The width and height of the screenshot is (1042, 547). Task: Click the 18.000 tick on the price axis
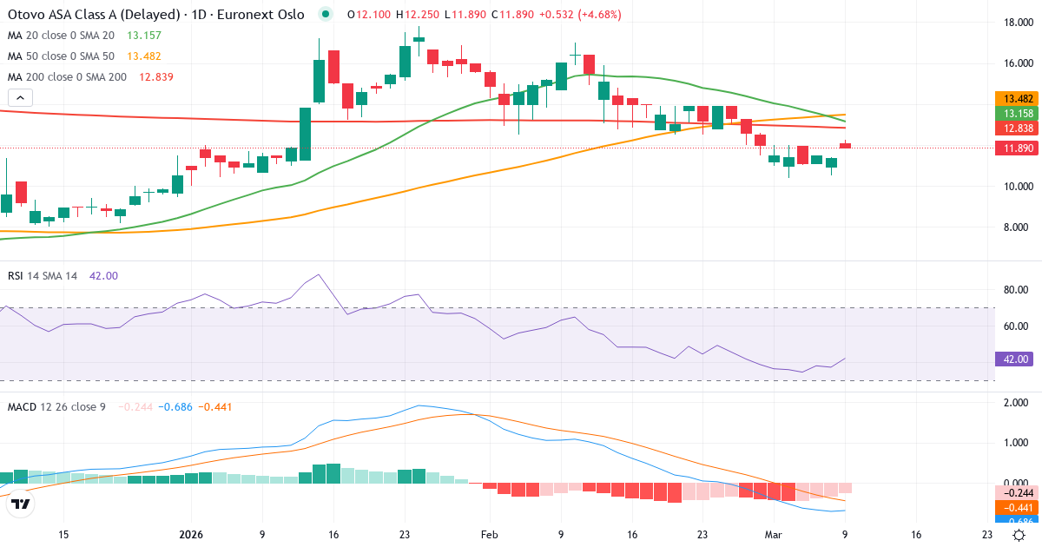[1012, 23]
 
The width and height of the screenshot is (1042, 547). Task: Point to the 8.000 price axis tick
[1012, 227]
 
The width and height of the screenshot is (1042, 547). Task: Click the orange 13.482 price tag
[1013, 99]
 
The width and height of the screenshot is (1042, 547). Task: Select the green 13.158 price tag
[1013, 114]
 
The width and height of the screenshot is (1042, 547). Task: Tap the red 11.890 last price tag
[1013, 148]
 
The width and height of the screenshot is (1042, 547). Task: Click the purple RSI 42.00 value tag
[1012, 359]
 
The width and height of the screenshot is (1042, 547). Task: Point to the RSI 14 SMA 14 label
[43, 276]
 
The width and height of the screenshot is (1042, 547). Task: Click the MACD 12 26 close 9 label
[56, 406]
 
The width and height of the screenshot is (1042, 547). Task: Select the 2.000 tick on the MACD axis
[1012, 403]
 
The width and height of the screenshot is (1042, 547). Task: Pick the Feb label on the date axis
[489, 534]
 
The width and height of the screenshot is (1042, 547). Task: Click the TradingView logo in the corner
[20, 504]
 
